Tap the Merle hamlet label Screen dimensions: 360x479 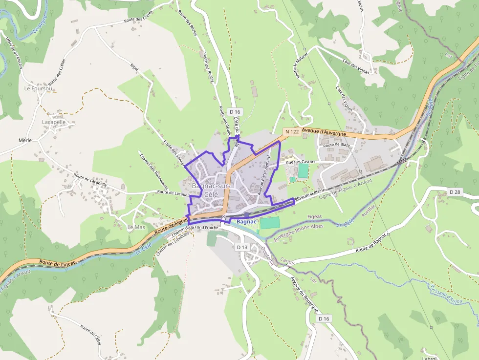[25, 140]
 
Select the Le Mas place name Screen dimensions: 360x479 [136, 228]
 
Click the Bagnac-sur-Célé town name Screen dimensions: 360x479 [211, 190]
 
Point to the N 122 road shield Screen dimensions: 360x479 [291, 132]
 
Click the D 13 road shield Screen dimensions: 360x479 [242, 247]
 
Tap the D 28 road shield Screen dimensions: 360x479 [455, 191]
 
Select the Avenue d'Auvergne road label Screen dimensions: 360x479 [324, 132]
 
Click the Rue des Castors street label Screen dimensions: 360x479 [301, 162]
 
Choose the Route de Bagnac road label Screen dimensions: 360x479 [371, 242]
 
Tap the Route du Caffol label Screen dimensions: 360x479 [91, 336]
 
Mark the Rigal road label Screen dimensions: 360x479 [134, 66]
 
